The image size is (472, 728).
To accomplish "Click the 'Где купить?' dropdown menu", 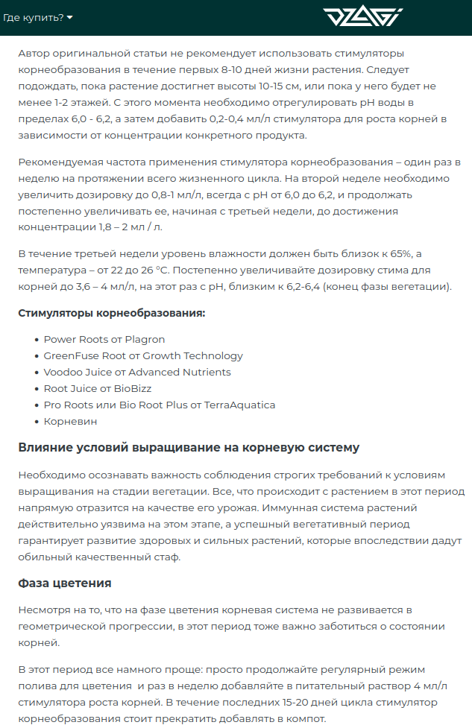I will point(38,17).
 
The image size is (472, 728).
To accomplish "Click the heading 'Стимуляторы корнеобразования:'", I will point(111,313).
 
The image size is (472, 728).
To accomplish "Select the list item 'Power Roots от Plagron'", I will point(104,339).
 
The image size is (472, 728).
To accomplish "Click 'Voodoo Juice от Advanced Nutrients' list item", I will point(137,372).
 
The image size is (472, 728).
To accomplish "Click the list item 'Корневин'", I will point(70,421).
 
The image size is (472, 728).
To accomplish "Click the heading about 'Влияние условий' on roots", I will point(189,447).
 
